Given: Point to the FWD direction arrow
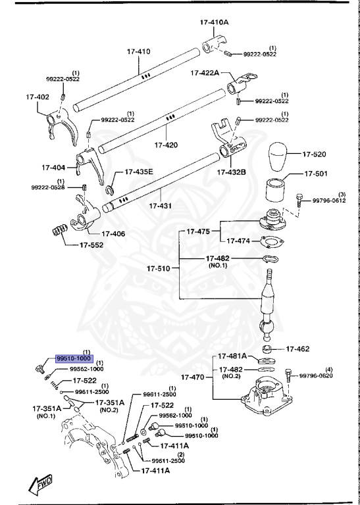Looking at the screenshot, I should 40,485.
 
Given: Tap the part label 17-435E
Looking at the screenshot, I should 140,172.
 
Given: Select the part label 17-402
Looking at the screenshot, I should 38,97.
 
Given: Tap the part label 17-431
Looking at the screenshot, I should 161,206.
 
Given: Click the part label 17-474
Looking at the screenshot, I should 236,241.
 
